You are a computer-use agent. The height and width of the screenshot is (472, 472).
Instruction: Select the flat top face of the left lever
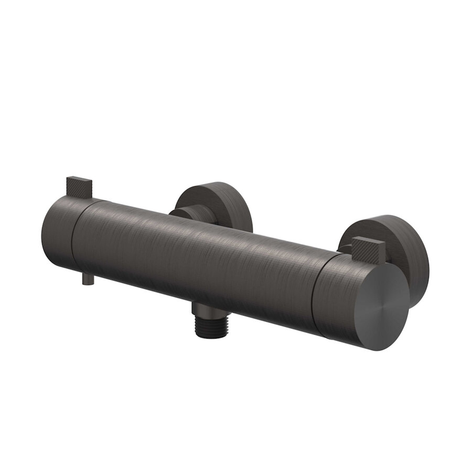point(79,180)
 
